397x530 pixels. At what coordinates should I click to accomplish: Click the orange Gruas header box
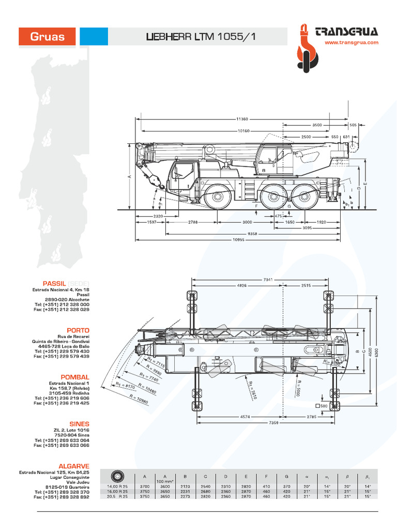tap(47, 37)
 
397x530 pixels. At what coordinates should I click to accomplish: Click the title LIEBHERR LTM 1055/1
tap(201, 37)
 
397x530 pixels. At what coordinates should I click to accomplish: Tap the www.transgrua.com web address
tap(352, 43)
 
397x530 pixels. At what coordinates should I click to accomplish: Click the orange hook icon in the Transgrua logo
tap(305, 50)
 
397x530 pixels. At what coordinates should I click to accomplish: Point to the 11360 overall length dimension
tap(241, 119)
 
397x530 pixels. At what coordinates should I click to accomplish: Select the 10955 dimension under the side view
tap(238, 240)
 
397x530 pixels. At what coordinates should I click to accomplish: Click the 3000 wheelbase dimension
tap(247, 222)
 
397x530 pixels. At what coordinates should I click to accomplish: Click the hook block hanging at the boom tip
tap(161, 185)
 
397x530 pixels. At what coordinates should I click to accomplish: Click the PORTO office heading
tap(78, 330)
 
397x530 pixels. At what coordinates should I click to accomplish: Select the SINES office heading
tap(79, 423)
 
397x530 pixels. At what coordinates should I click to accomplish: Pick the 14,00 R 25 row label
tap(118, 487)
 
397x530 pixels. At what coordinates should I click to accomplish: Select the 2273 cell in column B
tap(185, 496)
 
